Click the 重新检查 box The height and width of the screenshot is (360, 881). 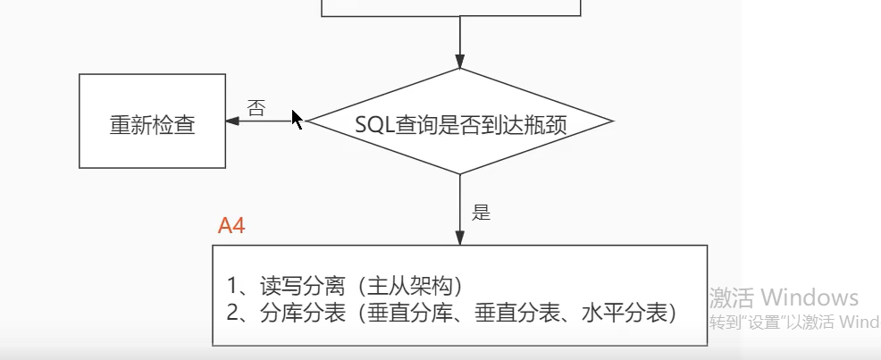[x=152, y=121]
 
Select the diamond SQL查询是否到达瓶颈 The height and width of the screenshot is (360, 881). [x=460, y=121]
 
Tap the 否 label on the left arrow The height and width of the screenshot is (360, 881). [x=256, y=109]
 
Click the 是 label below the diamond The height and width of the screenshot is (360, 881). [x=482, y=213]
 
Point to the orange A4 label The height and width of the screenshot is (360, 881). [x=231, y=225]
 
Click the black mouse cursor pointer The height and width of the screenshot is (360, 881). [x=297, y=119]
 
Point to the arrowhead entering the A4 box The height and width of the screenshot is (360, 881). [x=459, y=239]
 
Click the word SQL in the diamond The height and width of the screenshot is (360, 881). [x=372, y=122]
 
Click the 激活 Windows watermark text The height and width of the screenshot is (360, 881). [x=784, y=297]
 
